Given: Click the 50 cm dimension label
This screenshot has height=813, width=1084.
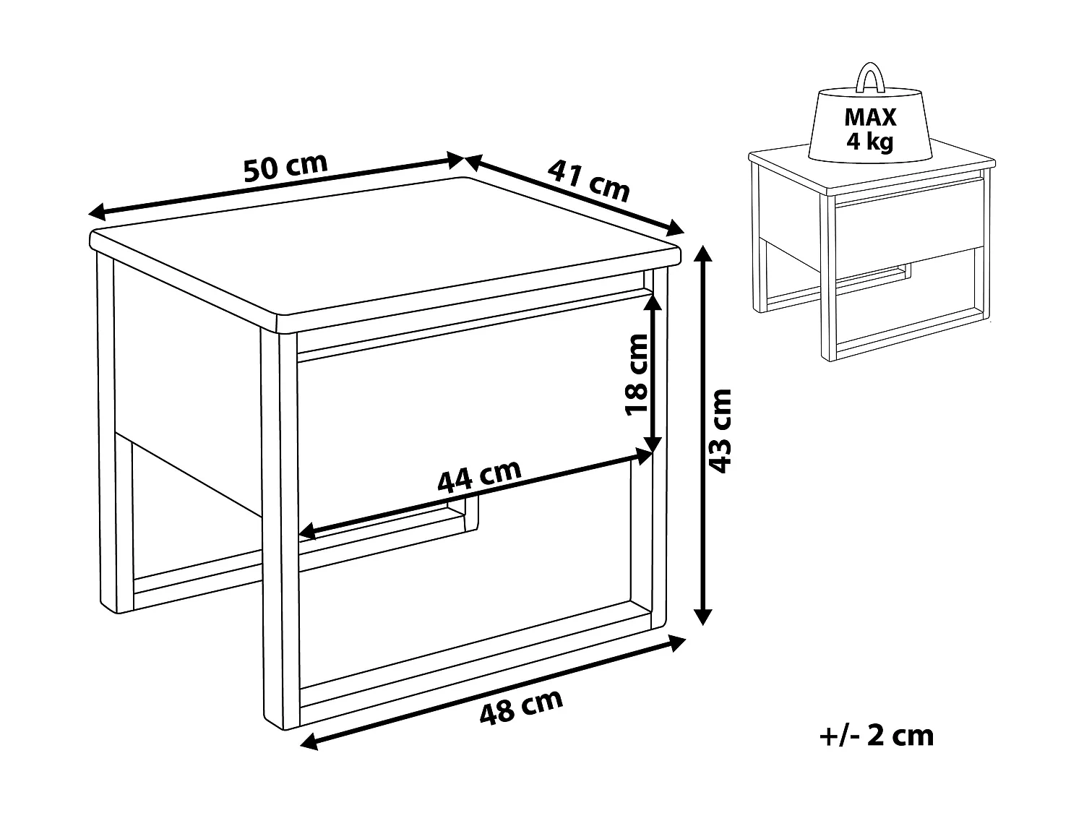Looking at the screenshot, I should [285, 168].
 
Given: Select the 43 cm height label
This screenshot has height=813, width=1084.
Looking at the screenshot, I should [720, 431].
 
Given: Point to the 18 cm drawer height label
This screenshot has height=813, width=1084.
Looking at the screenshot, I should [637, 374].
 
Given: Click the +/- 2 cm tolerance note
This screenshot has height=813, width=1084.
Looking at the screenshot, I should [877, 736].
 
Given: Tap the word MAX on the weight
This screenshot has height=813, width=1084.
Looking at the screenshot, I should [869, 117].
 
